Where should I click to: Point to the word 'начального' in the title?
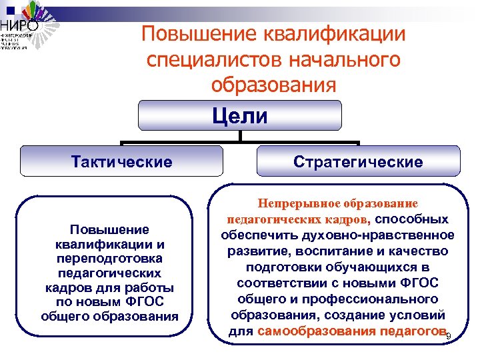pyautogui.click(x=345, y=59)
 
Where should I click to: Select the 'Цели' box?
pyautogui.click(x=239, y=115)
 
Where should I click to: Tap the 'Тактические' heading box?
pyautogui.click(x=121, y=162)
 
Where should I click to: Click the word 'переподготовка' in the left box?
pyautogui.click(x=110, y=258)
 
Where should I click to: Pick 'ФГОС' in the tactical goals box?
pyautogui.click(x=146, y=302)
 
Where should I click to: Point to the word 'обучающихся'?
pyautogui.click(x=365, y=267)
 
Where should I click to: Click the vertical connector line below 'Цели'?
pyautogui.click(x=239, y=135)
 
